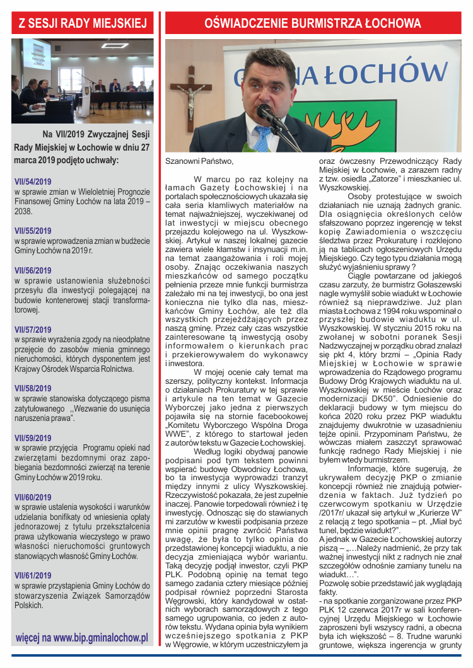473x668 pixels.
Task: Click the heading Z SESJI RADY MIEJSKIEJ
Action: coord(83,24)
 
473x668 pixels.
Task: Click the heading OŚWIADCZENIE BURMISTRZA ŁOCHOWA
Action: coord(313,24)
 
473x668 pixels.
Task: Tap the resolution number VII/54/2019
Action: coord(33,181)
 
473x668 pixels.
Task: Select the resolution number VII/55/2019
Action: coord(33,231)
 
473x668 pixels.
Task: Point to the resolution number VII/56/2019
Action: coord(33,270)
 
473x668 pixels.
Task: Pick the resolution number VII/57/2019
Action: coord(33,330)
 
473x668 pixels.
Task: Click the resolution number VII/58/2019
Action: coord(33,389)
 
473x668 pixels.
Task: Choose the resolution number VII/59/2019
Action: coord(33,438)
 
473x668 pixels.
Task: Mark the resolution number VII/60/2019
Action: coord(33,497)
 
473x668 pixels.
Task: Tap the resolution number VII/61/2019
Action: coord(33,575)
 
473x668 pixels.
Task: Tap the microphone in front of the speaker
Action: coord(271,117)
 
